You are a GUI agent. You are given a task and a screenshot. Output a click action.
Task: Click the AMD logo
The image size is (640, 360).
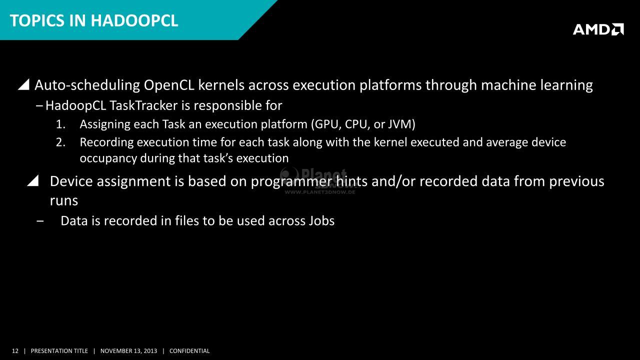(x=598, y=29)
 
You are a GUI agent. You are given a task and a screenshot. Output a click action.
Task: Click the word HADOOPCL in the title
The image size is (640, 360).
(x=134, y=21)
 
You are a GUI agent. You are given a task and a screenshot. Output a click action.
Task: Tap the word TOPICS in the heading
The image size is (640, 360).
(x=37, y=21)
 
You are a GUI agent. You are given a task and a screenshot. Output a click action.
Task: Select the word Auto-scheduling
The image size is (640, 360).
(x=87, y=85)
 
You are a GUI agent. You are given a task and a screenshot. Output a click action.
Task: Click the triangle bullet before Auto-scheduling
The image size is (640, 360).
(x=23, y=85)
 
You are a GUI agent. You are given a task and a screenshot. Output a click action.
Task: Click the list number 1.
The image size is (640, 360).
(x=60, y=124)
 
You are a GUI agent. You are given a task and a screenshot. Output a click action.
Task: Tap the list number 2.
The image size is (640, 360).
(x=60, y=142)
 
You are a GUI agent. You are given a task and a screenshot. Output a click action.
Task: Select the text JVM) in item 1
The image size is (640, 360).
(x=401, y=124)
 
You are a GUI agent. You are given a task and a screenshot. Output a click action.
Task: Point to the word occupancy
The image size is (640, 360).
(x=108, y=158)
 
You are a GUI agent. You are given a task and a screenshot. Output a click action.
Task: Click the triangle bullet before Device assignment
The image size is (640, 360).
(x=33, y=181)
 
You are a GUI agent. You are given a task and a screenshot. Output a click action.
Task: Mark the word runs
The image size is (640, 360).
(x=63, y=201)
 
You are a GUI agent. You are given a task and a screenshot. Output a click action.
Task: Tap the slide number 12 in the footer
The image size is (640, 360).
(x=15, y=351)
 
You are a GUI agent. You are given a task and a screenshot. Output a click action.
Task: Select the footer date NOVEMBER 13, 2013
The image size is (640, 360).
(x=128, y=351)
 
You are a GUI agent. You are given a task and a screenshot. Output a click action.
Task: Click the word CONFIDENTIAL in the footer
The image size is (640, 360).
(x=189, y=351)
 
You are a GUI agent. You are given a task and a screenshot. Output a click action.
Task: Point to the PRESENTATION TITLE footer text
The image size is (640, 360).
(x=59, y=351)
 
